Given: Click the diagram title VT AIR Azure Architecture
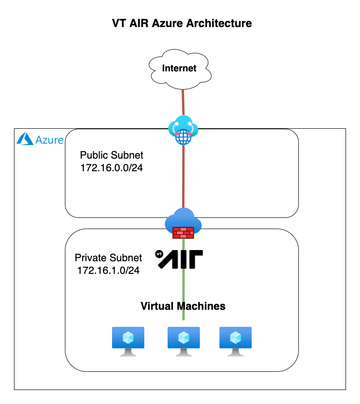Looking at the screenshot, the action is click(182, 23).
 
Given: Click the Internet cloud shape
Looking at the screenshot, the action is click(180, 69).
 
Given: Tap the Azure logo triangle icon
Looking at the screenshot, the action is click(25, 139).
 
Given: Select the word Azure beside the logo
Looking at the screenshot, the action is click(49, 140).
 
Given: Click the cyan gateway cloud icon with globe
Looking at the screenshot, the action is click(183, 130).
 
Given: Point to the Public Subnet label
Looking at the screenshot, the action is click(112, 155).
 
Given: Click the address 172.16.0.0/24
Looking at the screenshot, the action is click(112, 168).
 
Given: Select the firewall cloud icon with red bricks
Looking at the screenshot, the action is click(183, 223).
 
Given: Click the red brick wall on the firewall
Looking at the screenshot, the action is click(183, 233).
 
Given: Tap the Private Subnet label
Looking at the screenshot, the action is click(108, 258).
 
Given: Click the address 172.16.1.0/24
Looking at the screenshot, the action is click(108, 270).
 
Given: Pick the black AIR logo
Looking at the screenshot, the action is click(179, 259).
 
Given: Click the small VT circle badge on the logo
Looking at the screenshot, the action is click(159, 254).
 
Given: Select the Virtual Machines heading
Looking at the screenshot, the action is click(183, 306).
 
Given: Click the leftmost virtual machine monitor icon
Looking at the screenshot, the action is click(128, 341).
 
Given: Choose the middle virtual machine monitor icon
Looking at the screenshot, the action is click(184, 341).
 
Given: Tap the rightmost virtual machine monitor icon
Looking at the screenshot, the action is click(235, 341).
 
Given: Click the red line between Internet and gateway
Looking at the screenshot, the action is click(183, 102).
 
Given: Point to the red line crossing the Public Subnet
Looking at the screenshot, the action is click(184, 176).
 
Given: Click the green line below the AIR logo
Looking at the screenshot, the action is click(184, 294).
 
